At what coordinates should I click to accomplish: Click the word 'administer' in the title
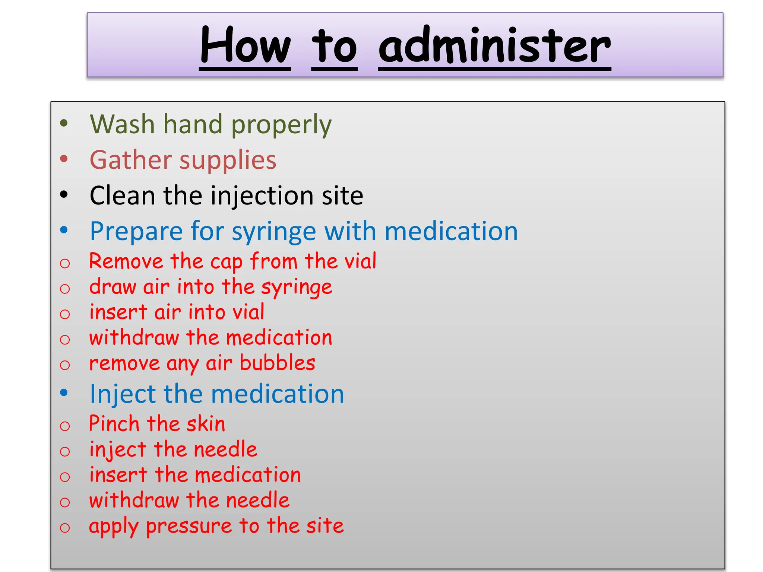tap(494, 45)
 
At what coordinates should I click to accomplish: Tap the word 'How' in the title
tap(245, 45)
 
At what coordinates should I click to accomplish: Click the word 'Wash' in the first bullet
tap(122, 124)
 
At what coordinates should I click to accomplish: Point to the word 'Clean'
tap(122, 196)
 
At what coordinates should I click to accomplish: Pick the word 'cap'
tap(226, 262)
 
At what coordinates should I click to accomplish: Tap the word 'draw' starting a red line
tap(113, 287)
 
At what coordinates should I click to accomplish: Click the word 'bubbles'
tap(278, 363)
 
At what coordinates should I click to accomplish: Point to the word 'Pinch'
tap(114, 424)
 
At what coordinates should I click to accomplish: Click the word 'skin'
tap(206, 424)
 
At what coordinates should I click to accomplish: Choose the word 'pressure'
tap(189, 527)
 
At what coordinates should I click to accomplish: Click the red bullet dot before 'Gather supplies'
tap(64, 159)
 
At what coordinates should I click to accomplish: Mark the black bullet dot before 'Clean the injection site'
tap(64, 194)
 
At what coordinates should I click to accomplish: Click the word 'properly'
tap(281, 125)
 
